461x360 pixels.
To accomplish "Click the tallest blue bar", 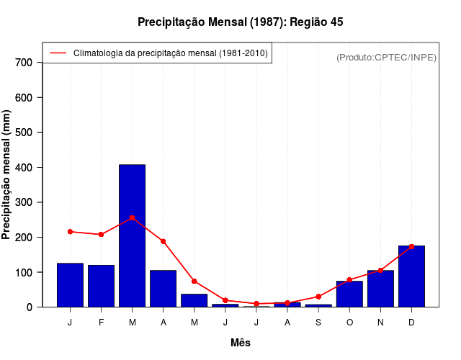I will click(x=132, y=235).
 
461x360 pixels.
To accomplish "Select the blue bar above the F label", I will click(x=101, y=286).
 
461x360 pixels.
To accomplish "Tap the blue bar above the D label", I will click(x=411, y=276).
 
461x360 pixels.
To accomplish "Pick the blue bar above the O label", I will click(x=349, y=294).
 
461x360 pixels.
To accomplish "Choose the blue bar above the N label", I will click(x=380, y=289).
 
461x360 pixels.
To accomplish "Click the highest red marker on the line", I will click(x=132, y=217).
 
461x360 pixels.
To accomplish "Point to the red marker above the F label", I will click(x=101, y=234).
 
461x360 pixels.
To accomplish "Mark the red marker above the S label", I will click(x=318, y=297).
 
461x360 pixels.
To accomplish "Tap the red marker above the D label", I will click(x=411, y=246).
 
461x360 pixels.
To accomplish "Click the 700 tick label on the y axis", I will click(x=24, y=63).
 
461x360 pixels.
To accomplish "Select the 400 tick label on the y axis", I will click(x=24, y=168).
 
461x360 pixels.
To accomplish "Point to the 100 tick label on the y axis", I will click(x=24, y=273).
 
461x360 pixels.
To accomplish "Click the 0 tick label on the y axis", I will click(x=30, y=307).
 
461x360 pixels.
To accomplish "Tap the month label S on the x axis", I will click(x=318, y=322).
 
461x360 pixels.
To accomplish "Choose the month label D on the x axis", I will click(x=411, y=322).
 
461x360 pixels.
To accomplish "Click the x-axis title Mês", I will click(x=241, y=343).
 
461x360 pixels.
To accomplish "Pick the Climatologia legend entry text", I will click(x=171, y=53).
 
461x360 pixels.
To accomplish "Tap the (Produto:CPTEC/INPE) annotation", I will click(x=387, y=57).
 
